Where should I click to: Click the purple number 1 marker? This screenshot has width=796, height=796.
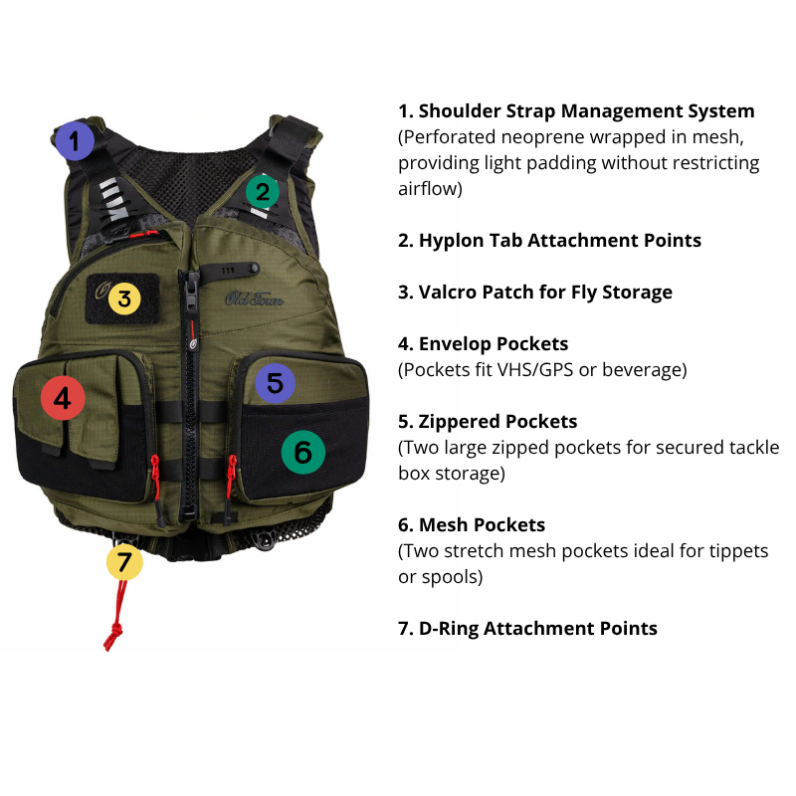73,141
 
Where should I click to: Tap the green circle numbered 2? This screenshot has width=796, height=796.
262,190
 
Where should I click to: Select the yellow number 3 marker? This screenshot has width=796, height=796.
123,298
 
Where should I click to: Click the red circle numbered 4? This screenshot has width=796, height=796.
63,399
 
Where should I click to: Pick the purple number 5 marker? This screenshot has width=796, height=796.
275,383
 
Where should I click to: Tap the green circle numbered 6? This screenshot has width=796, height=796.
303,453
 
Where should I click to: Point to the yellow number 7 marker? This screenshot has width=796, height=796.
124,562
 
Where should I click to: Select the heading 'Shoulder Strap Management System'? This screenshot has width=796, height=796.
586,110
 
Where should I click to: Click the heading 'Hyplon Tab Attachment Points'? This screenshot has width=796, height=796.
559,240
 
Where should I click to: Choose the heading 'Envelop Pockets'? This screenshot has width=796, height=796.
494,343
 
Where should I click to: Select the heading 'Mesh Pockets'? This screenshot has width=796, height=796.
482,524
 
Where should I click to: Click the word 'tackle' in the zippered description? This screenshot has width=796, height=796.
754,448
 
